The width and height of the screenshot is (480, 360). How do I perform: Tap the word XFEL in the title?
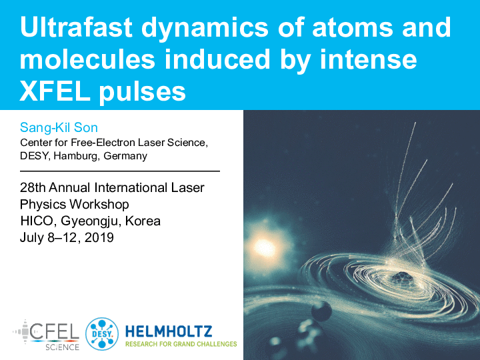pyautogui.click(x=55, y=91)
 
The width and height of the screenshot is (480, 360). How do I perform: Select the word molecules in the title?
pyautogui.click(x=87, y=59)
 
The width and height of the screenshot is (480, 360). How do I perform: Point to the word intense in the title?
pyautogui.click(x=368, y=59)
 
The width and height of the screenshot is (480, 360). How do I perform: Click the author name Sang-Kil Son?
pyautogui.click(x=59, y=127)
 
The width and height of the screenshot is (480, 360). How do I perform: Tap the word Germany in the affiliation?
pyautogui.click(x=125, y=157)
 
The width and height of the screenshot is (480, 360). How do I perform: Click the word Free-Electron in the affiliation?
pyautogui.click(x=103, y=143)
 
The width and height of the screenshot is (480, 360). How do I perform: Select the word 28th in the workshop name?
pyautogui.click(x=33, y=187)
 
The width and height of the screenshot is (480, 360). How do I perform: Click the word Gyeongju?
pyautogui.click(x=89, y=221)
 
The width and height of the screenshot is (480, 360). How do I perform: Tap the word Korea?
pyautogui.click(x=143, y=221)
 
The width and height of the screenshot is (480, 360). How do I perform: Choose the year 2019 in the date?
pyautogui.click(x=99, y=237)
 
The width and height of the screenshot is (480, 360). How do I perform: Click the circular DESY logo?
pyautogui.click(x=101, y=334)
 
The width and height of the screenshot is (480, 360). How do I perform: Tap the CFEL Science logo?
pyautogui.click(x=46, y=335)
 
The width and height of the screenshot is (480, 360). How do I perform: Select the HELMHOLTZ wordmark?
pyautogui.click(x=169, y=331)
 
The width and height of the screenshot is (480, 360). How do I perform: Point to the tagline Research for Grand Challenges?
pyautogui.click(x=181, y=344)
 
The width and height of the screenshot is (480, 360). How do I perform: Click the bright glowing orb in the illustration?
pyautogui.click(x=265, y=247)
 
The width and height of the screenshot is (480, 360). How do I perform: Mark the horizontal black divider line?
pyautogui.click(x=120, y=171)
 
